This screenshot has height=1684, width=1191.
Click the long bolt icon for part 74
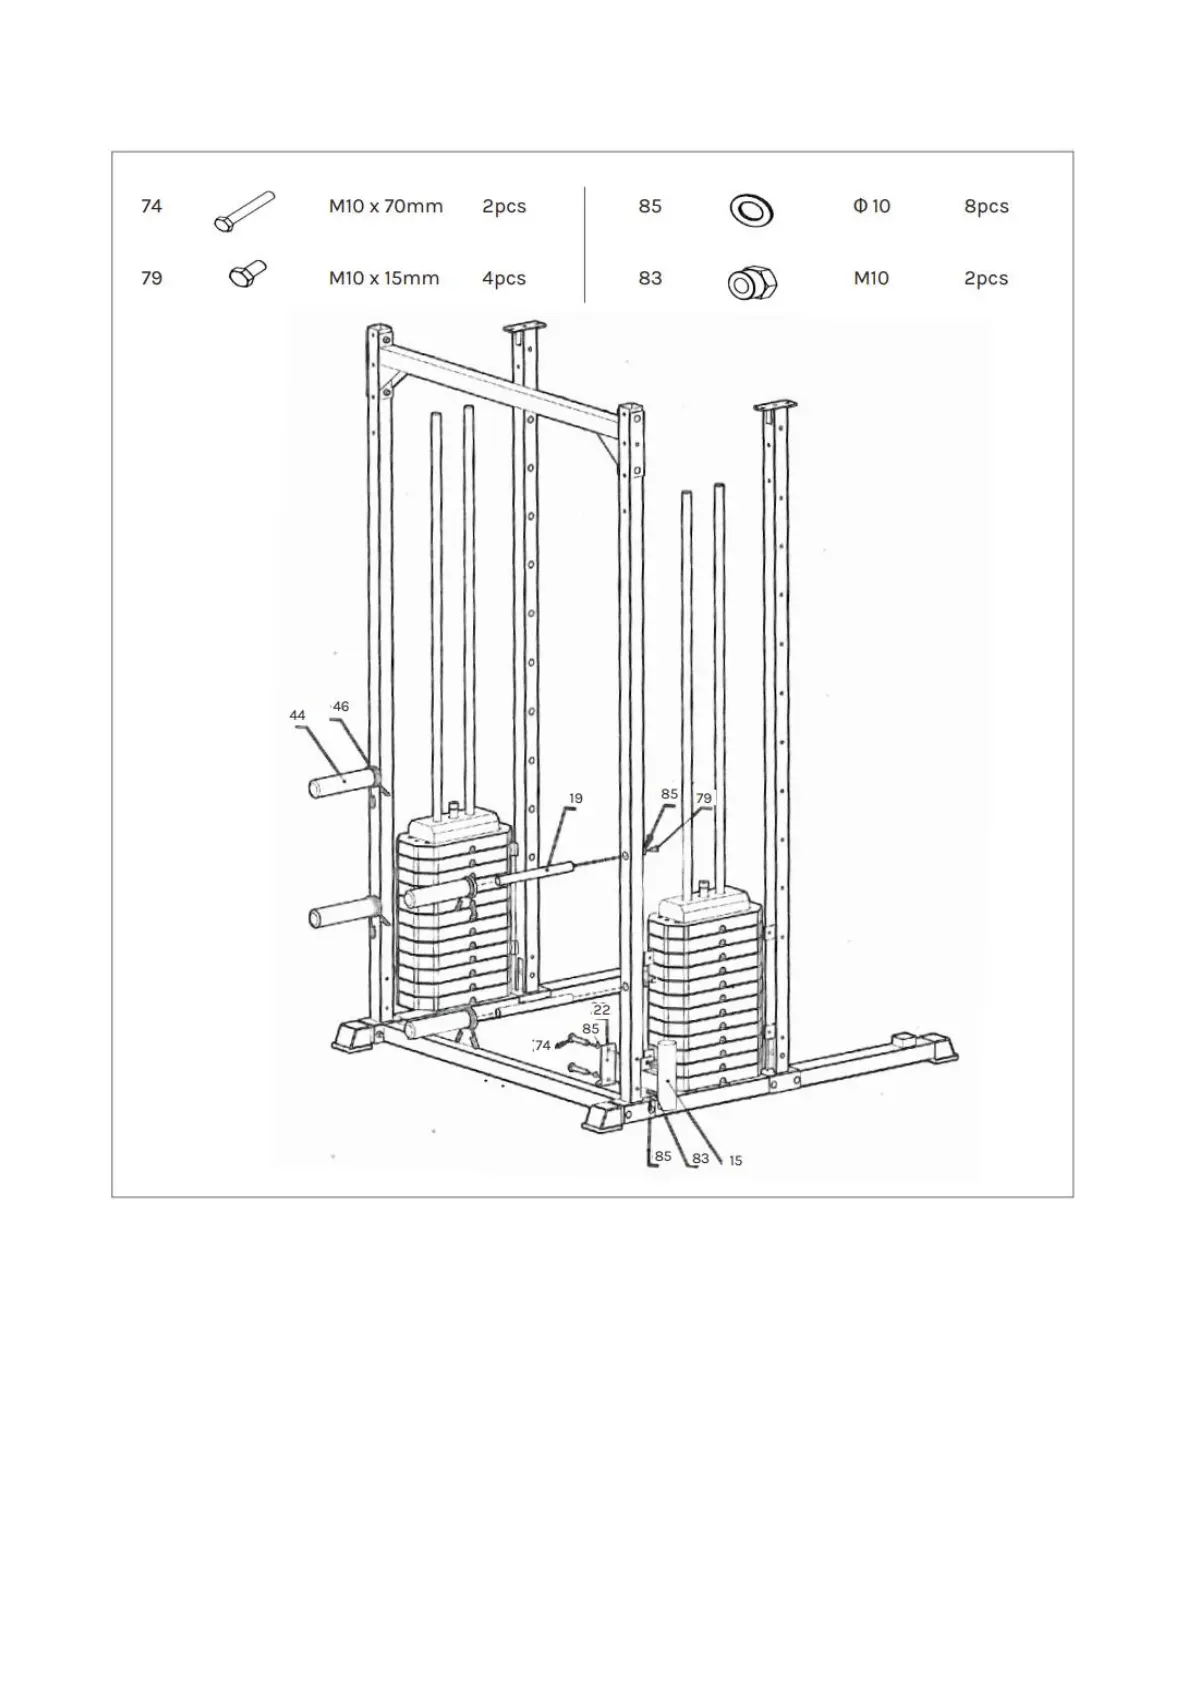coord(244,211)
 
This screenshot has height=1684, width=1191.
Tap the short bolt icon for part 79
coord(246,274)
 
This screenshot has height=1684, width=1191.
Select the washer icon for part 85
coord(751,210)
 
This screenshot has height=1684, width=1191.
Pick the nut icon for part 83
coord(751,283)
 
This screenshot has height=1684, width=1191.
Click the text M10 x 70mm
coord(385,207)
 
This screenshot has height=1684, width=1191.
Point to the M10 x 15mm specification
coord(384,279)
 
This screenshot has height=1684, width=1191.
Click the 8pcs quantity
coord(986,207)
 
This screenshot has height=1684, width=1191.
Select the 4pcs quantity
coord(503,279)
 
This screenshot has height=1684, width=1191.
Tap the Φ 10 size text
coord(871,207)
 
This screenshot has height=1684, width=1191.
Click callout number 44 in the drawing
coord(297,716)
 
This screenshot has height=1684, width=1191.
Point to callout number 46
coord(341,707)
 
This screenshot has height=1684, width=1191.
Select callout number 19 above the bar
coord(575,799)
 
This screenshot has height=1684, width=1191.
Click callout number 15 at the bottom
coord(735,1161)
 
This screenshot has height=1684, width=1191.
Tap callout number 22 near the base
coord(602,1010)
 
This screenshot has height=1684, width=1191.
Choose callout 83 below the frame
coord(700,1158)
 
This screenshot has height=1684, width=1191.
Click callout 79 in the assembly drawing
coord(704,799)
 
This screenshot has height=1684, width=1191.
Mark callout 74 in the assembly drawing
coord(543,1046)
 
